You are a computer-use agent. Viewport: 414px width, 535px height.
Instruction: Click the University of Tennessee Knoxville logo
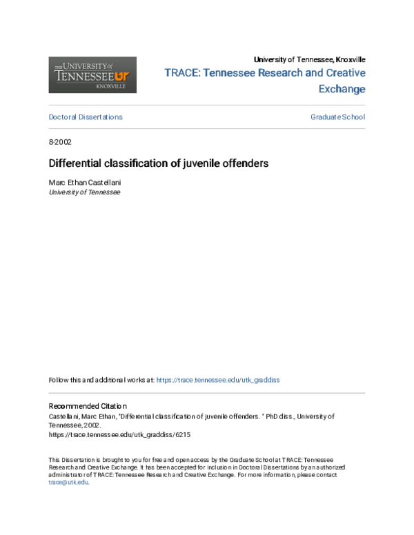(x=92, y=74)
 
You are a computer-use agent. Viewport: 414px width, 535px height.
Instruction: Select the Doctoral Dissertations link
(x=86, y=117)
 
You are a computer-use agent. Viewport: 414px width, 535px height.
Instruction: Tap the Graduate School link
(x=337, y=117)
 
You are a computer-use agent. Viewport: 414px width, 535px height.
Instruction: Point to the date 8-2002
(x=60, y=142)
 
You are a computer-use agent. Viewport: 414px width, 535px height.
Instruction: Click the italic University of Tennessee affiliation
(x=84, y=192)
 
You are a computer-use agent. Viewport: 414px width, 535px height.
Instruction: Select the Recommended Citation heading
(x=88, y=406)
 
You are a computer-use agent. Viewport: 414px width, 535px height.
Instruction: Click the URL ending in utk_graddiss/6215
(x=119, y=436)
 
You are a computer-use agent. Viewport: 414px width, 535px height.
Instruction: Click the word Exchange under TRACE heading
(x=342, y=89)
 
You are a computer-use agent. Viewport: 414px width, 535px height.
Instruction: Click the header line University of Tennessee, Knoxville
(x=310, y=59)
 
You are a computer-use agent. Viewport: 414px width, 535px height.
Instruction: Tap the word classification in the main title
(x=136, y=164)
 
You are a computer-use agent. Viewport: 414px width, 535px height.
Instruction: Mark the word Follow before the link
(x=59, y=380)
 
